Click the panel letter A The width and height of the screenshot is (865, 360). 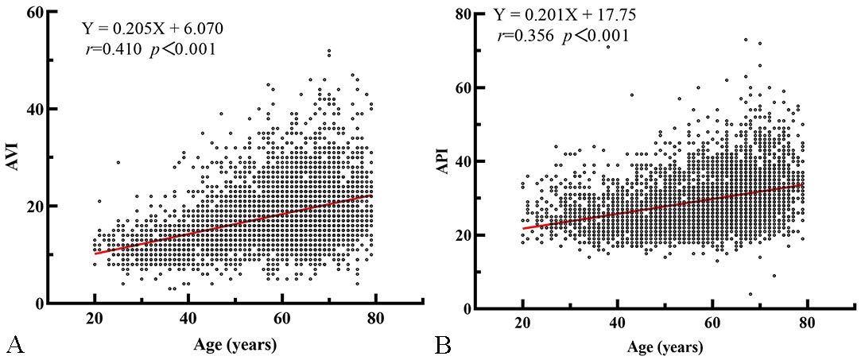click(x=13, y=345)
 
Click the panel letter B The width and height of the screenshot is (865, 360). click(x=442, y=345)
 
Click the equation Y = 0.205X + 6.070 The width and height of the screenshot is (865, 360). click(x=153, y=29)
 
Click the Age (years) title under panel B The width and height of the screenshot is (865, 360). click(x=665, y=348)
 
